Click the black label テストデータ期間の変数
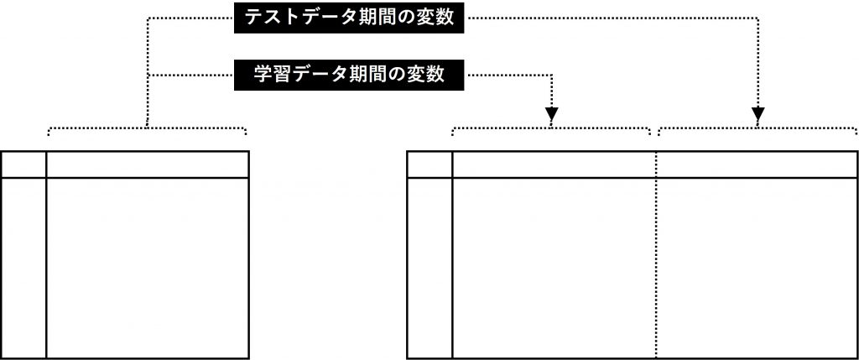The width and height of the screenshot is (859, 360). (350, 18)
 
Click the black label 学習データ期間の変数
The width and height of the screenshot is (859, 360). (350, 74)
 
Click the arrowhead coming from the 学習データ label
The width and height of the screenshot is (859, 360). (551, 111)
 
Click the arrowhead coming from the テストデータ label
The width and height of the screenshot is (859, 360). (757, 111)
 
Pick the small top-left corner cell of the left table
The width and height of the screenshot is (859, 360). (23, 164)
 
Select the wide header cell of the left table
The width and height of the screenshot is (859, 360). (148, 164)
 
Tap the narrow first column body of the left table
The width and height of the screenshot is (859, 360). (23, 268)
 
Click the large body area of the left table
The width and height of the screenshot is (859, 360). (148, 268)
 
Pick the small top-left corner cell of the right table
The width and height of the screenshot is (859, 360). (429, 164)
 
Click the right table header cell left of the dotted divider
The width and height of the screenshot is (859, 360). (554, 164)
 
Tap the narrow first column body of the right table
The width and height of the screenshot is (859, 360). (429, 268)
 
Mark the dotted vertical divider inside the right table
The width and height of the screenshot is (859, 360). (656, 268)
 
